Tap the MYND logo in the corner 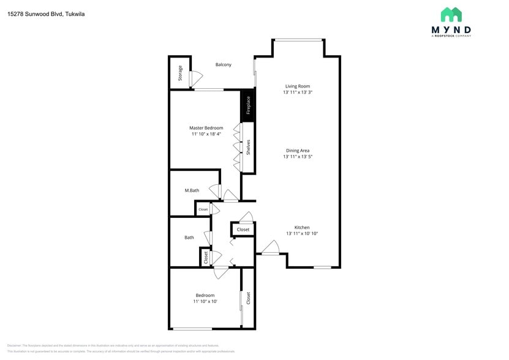pyautogui.click(x=451, y=23)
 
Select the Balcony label pyautogui.click(x=223, y=64)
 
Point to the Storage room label pyautogui.click(x=180, y=73)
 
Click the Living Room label pyautogui.click(x=297, y=86)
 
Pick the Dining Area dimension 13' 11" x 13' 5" pyautogui.click(x=297, y=157)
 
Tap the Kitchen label pyautogui.click(x=302, y=227)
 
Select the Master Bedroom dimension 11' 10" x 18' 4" pyautogui.click(x=206, y=134)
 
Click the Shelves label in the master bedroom pyautogui.click(x=248, y=147)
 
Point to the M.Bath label pyautogui.click(x=192, y=190)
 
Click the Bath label pyautogui.click(x=189, y=238)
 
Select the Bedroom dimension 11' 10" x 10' pyautogui.click(x=205, y=301)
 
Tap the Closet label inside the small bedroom pyautogui.click(x=248, y=298)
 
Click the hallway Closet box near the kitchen pyautogui.click(x=243, y=230)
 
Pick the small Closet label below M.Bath pyautogui.click(x=203, y=209)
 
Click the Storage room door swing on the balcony pyautogui.click(x=195, y=79)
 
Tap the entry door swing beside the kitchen pyautogui.click(x=270, y=247)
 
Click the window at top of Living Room pyautogui.click(x=298, y=40)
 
